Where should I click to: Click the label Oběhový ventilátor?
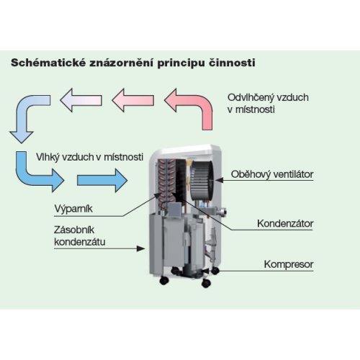tap(272, 174)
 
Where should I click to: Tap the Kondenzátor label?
tap(285, 223)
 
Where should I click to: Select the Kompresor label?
tap(289, 264)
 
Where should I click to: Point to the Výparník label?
tap(73, 209)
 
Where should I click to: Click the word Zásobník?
tap(74, 230)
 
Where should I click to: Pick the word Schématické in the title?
tap(48, 63)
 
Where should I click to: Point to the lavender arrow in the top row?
tap(81, 100)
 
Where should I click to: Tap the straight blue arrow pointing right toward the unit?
tap(102, 181)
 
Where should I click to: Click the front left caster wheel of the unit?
tap(164, 280)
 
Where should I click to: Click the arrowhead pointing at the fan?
tap(220, 180)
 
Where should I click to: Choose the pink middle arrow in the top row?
tap(133, 100)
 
